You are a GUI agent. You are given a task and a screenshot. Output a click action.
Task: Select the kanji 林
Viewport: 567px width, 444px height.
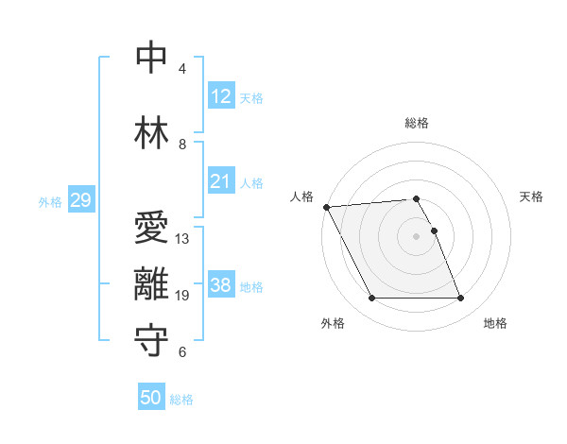(x=151, y=133)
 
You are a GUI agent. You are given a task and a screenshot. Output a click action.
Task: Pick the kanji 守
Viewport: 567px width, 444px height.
(x=151, y=341)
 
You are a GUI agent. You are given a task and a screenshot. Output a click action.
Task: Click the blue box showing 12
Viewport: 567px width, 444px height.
(x=221, y=96)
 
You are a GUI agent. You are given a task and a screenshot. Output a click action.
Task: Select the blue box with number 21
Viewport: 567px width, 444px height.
(x=221, y=181)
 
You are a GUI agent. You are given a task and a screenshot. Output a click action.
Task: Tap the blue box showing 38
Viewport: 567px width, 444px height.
(x=221, y=285)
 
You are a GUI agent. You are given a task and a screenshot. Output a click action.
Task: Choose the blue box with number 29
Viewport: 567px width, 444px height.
(x=80, y=200)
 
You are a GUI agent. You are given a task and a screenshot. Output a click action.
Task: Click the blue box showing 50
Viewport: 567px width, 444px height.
(x=151, y=398)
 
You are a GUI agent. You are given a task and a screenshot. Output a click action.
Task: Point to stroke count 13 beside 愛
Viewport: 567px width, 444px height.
(x=183, y=238)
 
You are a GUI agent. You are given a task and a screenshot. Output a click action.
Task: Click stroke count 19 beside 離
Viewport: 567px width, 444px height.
(x=183, y=296)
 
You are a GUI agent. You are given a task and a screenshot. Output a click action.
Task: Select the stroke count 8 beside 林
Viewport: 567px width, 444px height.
(x=182, y=145)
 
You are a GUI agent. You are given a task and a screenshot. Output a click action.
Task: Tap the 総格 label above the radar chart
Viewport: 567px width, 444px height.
(x=417, y=123)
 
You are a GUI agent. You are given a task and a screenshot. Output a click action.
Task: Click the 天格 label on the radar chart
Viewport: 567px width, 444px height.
(x=532, y=196)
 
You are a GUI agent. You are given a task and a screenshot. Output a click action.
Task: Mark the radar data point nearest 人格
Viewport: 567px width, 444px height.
(x=327, y=207)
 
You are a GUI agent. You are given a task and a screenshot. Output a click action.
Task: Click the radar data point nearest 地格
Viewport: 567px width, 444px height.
(x=460, y=299)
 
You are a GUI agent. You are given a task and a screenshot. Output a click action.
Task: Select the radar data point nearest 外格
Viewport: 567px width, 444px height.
(x=372, y=299)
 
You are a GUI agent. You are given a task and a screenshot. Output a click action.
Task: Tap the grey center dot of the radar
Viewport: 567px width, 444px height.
(x=417, y=236)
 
